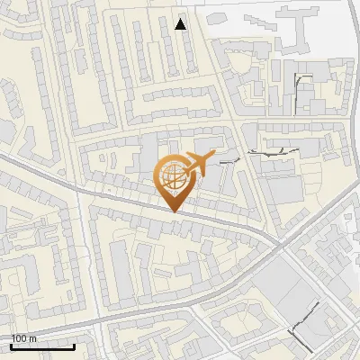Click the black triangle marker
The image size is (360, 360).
(x=181, y=24)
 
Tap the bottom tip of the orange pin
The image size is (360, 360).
(x=173, y=211)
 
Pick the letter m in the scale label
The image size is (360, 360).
(x=32, y=338)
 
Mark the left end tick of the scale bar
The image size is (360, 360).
(x=11, y=346)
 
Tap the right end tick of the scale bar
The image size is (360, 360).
(x=74, y=346)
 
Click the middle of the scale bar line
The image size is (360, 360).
(x=42, y=346)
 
